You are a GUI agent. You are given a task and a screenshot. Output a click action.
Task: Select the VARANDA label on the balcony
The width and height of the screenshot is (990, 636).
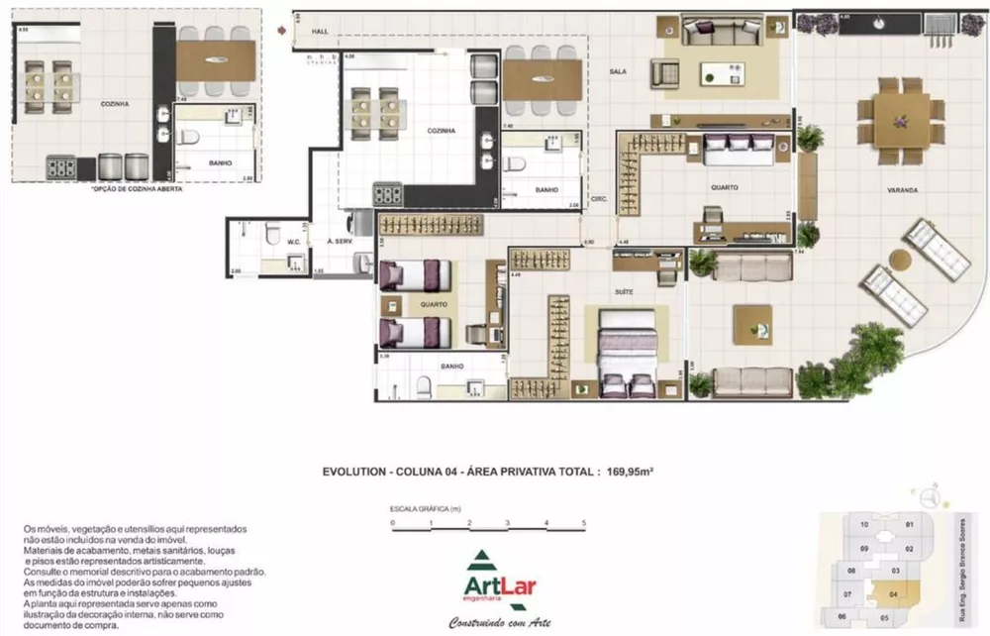[x=902, y=189]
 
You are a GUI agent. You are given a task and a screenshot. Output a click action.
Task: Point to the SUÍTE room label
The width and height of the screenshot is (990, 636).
[x=624, y=292]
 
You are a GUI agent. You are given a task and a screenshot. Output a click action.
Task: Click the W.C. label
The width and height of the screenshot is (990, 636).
[x=293, y=241]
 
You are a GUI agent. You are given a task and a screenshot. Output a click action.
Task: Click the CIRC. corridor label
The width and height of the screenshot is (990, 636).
[x=599, y=198]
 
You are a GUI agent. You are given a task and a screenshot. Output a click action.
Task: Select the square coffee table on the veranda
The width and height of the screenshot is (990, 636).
[x=751, y=324]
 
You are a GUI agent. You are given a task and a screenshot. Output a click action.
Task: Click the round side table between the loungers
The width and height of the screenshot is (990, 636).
[x=899, y=260]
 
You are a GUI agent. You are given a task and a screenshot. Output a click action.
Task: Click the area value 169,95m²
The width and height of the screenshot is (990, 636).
[x=626, y=472]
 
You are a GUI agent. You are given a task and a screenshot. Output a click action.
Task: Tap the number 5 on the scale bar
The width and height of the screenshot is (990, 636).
[x=584, y=521]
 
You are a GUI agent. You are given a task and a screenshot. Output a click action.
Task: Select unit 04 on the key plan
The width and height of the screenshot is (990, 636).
[x=894, y=594]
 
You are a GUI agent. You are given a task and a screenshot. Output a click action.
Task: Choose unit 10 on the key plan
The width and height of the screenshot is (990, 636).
[x=864, y=524]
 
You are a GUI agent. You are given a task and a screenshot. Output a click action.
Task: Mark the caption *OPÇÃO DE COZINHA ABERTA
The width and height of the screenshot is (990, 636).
[x=137, y=188]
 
